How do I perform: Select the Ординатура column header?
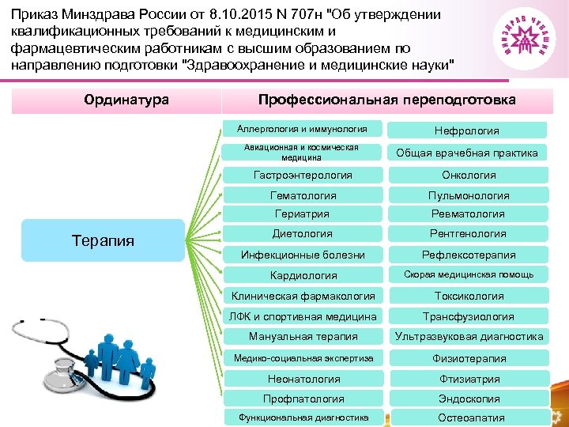126,100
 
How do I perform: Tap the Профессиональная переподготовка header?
387,100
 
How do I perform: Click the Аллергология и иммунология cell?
302,128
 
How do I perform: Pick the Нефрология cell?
467,130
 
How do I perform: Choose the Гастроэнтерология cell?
303,175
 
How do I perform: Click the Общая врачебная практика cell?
467,153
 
